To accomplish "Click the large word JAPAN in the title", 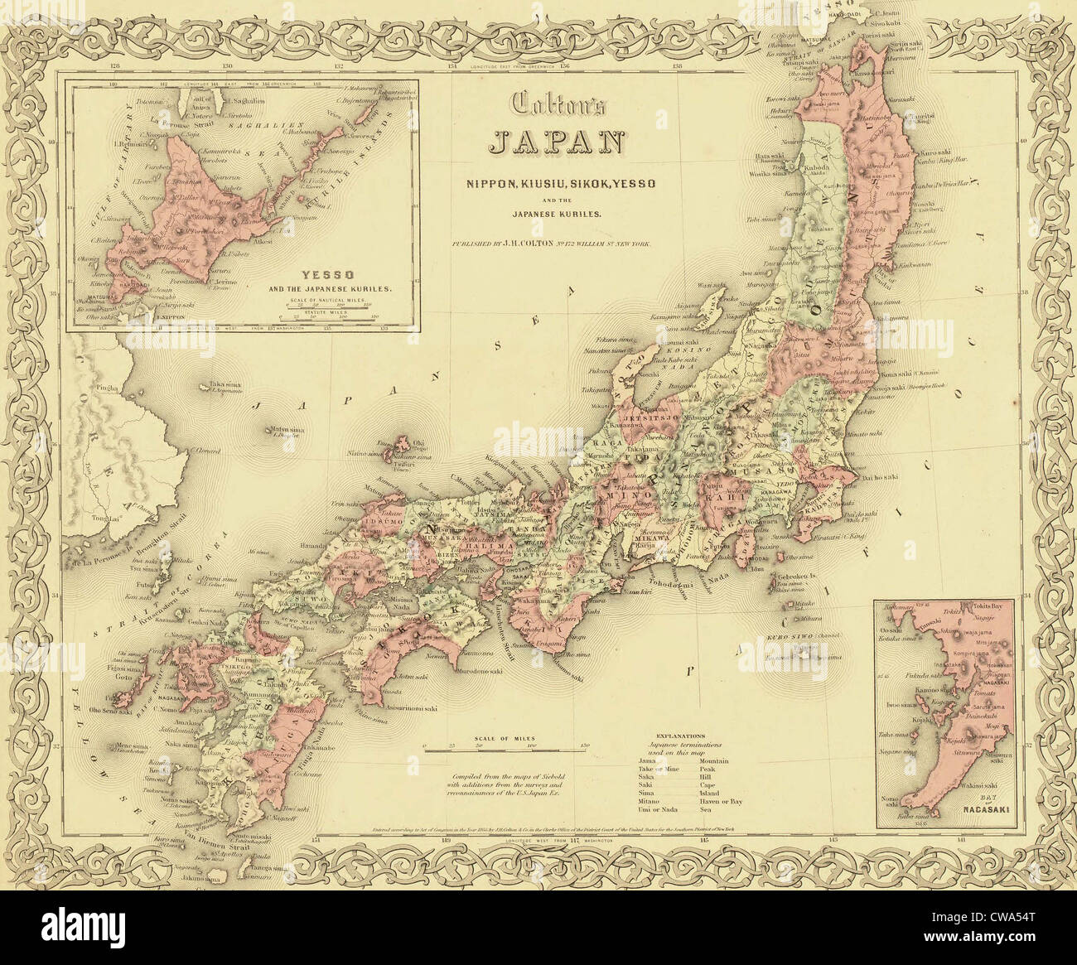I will pyautogui.click(x=556, y=141).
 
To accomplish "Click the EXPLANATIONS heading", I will pyautogui.click(x=680, y=735).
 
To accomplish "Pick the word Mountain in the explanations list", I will pyautogui.click(x=715, y=760).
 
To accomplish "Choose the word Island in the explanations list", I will pyautogui.click(x=711, y=793).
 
